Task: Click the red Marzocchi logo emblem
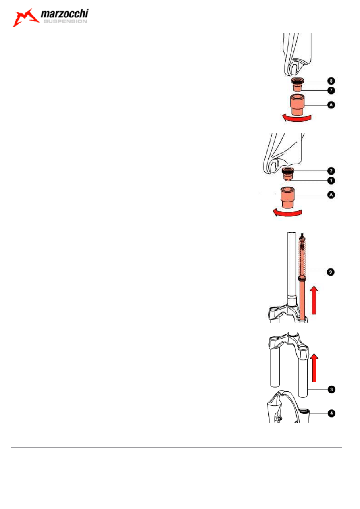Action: pyautogui.click(x=26, y=18)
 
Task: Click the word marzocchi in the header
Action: pyautogui.click(x=65, y=14)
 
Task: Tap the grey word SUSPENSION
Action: pyautogui.click(x=65, y=21)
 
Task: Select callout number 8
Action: pyautogui.click(x=331, y=81)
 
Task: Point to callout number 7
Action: pyautogui.click(x=331, y=90)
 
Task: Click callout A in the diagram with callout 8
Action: pyautogui.click(x=331, y=105)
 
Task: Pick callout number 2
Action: pyautogui.click(x=331, y=171)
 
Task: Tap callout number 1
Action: pyautogui.click(x=331, y=181)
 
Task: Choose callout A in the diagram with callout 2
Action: pyautogui.click(x=331, y=195)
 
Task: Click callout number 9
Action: pyautogui.click(x=331, y=272)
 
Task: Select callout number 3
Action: pyautogui.click(x=331, y=389)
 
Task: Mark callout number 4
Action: pyautogui.click(x=331, y=413)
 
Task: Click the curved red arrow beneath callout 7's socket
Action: pyautogui.click(x=297, y=118)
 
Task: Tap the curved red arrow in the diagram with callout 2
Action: pyautogui.click(x=287, y=213)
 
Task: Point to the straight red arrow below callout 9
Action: pyautogui.click(x=314, y=300)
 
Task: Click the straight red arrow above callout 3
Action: pyautogui.click(x=314, y=368)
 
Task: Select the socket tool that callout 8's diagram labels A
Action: pyautogui.click(x=297, y=105)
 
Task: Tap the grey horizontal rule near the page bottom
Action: pyautogui.click(x=176, y=447)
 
